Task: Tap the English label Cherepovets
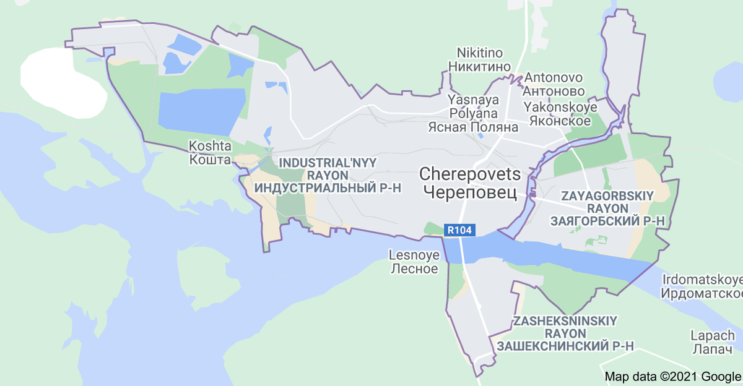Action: [471, 174]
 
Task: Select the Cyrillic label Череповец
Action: [471, 192]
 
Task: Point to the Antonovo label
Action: [554, 79]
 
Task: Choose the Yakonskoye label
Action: [560, 107]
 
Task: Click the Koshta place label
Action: [211, 147]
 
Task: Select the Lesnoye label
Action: [414, 255]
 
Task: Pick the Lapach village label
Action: [713, 336]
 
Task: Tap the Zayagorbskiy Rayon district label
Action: [607, 202]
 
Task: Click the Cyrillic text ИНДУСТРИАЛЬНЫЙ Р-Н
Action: [329, 187]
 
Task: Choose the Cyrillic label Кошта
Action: [209, 160]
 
